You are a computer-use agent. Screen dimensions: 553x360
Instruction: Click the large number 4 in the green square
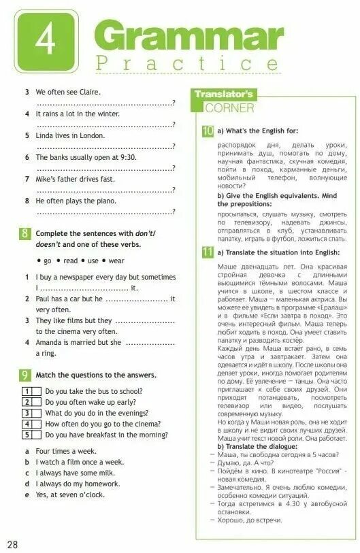coord(46,39)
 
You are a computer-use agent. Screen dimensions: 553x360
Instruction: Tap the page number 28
coord(13,544)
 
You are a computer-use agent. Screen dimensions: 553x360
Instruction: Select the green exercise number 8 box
coord(24,234)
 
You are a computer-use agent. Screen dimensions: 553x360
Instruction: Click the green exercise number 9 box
coord(24,375)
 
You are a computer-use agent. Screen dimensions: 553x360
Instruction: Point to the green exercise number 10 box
coord(208,130)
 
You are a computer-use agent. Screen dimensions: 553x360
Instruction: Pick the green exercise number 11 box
coord(208,252)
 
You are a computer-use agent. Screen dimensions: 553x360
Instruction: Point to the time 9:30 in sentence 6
coord(127,157)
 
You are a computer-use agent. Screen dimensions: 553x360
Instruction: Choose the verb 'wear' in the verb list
coord(116,261)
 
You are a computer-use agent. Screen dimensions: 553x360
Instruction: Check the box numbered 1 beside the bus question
coord(27,391)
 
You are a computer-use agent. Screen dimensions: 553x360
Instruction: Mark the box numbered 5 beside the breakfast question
coord(27,435)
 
